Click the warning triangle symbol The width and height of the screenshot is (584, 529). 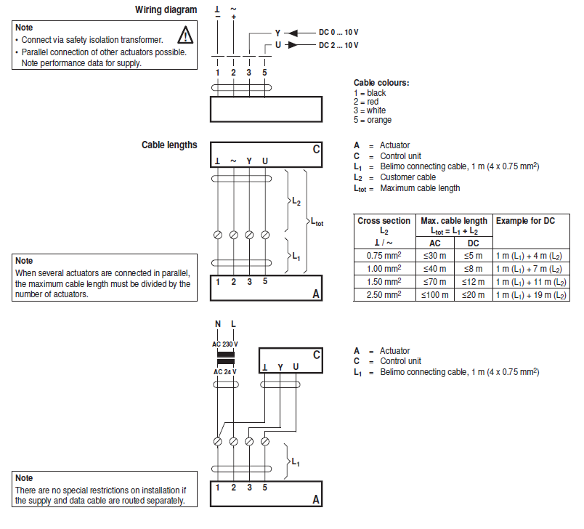[x=186, y=34]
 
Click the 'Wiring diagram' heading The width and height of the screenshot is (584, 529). [x=166, y=10]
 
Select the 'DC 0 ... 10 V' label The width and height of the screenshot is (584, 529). [x=338, y=33]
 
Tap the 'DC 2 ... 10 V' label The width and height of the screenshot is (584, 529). [x=338, y=45]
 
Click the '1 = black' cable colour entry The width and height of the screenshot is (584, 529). [x=370, y=93]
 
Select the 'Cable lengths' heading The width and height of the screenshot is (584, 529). [x=169, y=145]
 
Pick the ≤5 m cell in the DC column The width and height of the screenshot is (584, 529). [x=473, y=255]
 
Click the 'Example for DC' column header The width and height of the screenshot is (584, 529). [x=524, y=220]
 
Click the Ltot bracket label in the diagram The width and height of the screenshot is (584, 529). [x=317, y=222]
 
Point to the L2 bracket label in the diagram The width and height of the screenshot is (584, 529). [x=296, y=201]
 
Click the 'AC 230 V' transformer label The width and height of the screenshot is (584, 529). [x=224, y=344]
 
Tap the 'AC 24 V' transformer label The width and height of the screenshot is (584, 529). [x=224, y=371]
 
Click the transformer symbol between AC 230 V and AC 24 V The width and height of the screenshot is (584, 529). [x=225, y=358]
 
